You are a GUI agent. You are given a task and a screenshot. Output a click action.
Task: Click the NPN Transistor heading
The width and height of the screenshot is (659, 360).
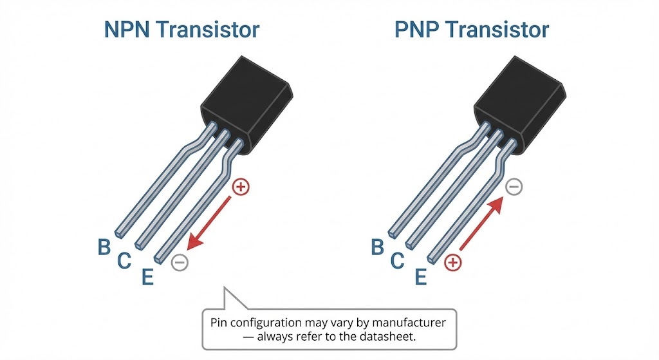pyautogui.click(x=181, y=30)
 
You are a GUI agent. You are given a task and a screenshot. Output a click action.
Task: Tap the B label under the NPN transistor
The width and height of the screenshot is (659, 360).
pyautogui.click(x=104, y=247)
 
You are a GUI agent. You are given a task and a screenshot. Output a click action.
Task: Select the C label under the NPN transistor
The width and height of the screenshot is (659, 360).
pyautogui.click(x=124, y=261)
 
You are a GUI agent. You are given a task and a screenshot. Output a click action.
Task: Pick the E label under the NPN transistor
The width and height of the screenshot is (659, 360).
pyautogui.click(x=147, y=277)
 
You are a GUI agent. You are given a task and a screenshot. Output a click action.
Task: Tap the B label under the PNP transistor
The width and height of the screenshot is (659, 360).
pyautogui.click(x=378, y=247)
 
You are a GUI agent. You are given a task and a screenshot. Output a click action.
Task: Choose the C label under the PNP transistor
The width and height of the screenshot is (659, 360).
pyautogui.click(x=398, y=261)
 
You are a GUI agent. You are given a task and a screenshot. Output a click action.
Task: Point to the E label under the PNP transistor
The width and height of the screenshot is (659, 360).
pyautogui.click(x=421, y=277)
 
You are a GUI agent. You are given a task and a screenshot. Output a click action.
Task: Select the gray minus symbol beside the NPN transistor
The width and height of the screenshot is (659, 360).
pyautogui.click(x=180, y=262)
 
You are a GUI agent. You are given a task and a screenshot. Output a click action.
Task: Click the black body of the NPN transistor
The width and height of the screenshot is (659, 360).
pyautogui.click(x=246, y=100)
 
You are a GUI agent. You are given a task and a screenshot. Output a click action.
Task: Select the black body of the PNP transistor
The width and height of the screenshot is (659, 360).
pyautogui.click(x=519, y=100)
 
